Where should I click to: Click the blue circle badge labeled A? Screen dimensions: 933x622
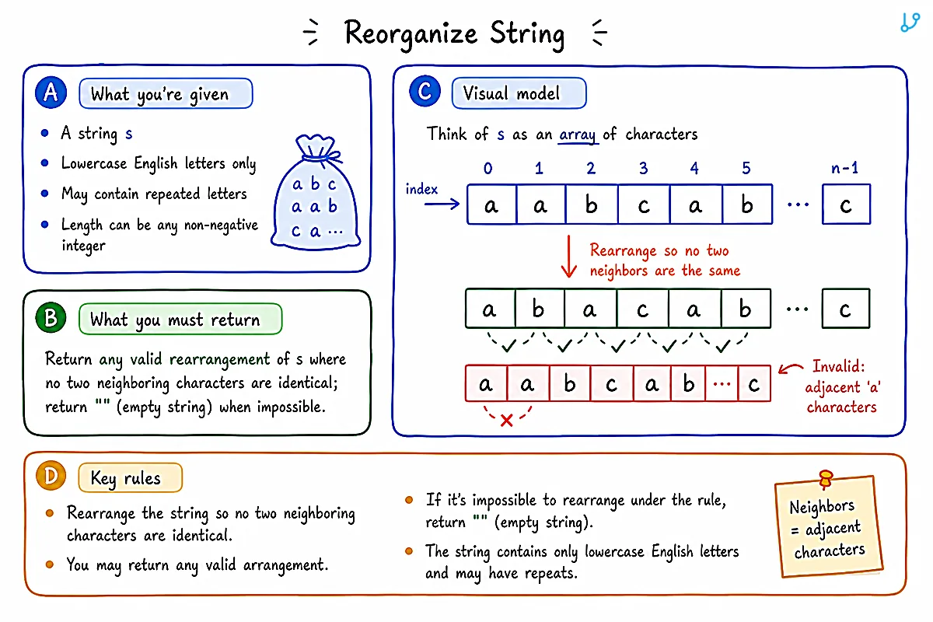point(51,93)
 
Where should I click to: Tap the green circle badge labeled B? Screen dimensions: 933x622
point(51,318)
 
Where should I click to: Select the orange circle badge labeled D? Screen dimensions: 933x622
point(51,475)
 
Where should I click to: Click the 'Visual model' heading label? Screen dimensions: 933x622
point(519,93)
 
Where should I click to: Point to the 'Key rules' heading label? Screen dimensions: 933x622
point(130,478)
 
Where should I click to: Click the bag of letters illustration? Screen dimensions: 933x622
point(316,192)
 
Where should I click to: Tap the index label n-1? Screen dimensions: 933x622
point(844,168)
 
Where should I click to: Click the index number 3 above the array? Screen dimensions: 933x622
point(644,168)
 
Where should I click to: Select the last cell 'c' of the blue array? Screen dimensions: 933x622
point(846,204)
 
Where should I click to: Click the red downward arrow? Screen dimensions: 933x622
point(568,257)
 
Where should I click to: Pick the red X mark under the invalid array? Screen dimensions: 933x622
point(506,421)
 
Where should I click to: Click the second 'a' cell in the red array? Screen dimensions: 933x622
point(528,383)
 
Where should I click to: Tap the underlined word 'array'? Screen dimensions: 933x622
point(578,135)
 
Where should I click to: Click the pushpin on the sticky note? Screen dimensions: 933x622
point(825,479)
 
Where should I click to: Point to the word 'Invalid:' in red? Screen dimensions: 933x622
point(838,366)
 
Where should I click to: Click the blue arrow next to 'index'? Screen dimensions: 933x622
point(442,204)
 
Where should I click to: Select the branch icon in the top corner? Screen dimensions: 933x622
point(910,22)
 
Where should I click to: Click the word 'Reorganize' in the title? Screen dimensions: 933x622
point(411,34)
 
